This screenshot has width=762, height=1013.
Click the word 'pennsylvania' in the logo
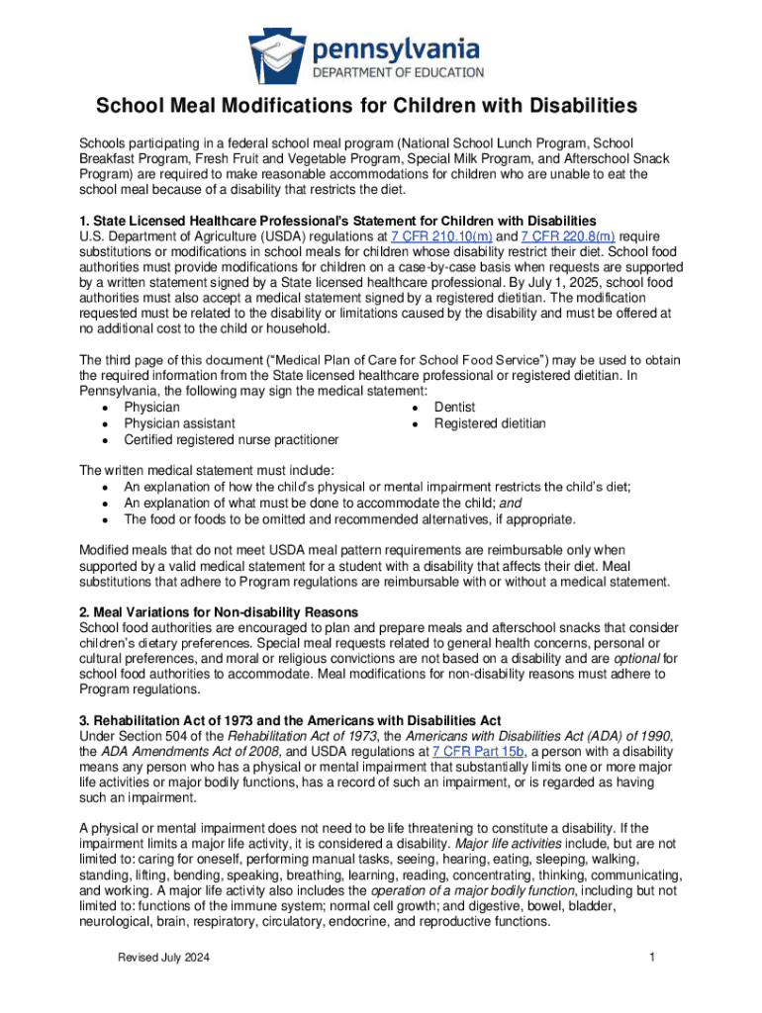[x=397, y=47]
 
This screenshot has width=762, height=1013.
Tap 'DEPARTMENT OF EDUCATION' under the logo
[x=398, y=71]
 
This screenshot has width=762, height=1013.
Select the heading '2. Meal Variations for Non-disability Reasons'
[x=219, y=612]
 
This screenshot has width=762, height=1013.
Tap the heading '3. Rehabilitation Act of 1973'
[x=290, y=719]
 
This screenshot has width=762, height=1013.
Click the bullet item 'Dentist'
[x=454, y=407]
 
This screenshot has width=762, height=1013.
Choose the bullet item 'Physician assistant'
[x=179, y=423]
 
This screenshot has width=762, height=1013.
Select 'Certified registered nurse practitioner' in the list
[x=231, y=439]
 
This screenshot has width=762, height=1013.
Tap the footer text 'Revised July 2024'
[x=162, y=957]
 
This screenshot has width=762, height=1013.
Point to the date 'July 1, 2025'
[x=537, y=282]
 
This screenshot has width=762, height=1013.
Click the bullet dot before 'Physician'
[x=105, y=408]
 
